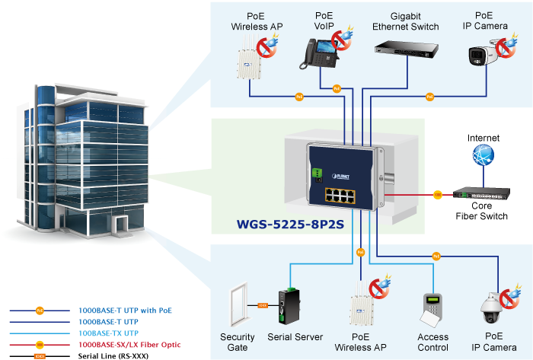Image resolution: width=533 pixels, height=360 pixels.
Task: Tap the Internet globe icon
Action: point(482,156)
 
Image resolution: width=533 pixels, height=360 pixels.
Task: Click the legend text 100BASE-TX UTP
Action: point(108,333)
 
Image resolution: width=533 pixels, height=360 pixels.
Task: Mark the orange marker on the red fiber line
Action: point(438,195)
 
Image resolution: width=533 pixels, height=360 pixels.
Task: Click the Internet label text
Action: point(484,138)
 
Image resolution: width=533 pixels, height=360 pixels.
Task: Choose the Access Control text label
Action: point(433,342)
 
